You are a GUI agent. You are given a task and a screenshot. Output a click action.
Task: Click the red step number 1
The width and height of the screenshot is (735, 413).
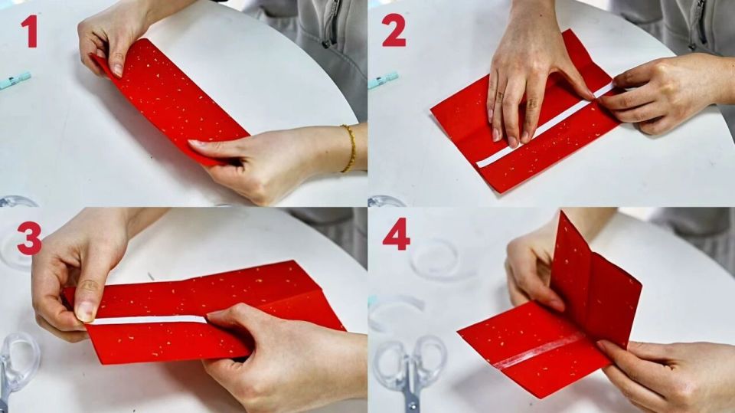click(x=30, y=31)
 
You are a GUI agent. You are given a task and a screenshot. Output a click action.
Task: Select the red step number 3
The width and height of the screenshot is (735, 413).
click(x=29, y=238)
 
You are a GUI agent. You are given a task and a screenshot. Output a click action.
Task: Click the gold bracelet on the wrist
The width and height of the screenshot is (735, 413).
click(x=349, y=149)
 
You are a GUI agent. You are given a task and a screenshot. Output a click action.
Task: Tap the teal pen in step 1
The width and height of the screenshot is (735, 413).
click(x=15, y=80)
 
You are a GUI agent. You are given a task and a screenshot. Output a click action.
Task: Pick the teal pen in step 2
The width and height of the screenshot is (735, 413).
click(x=383, y=80)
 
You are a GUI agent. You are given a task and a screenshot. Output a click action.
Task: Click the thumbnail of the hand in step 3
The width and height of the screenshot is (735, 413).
click(x=85, y=312)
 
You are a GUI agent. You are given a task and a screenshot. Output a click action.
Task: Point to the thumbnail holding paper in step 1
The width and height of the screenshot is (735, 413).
click(x=117, y=70)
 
